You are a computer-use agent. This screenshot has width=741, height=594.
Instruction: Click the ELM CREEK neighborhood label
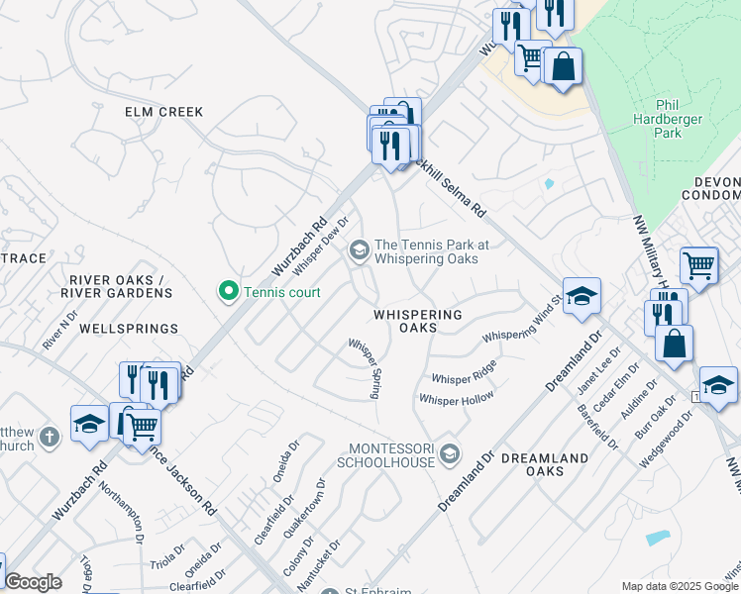pos(163,112)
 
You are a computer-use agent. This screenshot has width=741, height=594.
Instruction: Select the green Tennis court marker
pos(228,291)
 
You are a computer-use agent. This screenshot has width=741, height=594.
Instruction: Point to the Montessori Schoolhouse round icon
pos(450,454)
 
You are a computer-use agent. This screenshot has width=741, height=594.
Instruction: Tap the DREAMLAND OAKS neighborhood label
pos(532,464)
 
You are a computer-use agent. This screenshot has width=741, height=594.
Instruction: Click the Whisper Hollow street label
pos(456,399)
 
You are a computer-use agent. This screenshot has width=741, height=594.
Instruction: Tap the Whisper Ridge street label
pos(464,373)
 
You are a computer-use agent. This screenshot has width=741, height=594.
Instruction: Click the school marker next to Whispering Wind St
pos(582,295)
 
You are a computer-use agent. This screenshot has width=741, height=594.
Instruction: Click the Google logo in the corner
pos(33,582)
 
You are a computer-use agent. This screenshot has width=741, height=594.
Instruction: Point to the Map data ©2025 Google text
pos(680,586)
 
